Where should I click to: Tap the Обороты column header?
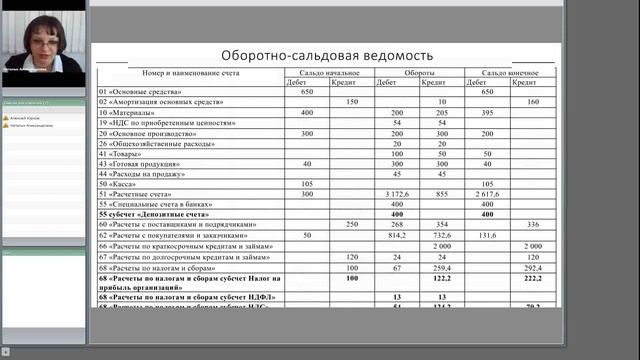coord(419,73)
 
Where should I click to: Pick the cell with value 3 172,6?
coord(397,194)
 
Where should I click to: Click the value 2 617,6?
coord(488,194)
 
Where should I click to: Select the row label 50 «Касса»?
coord(117,184)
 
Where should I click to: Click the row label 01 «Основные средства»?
coord(141,92)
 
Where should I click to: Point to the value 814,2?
coord(397,235)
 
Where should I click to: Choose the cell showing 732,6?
coord(442,235)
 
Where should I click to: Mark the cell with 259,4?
coord(442,268)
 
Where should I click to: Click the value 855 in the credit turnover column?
coord(442,194)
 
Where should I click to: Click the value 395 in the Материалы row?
coord(488,112)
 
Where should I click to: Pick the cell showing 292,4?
coord(533,268)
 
